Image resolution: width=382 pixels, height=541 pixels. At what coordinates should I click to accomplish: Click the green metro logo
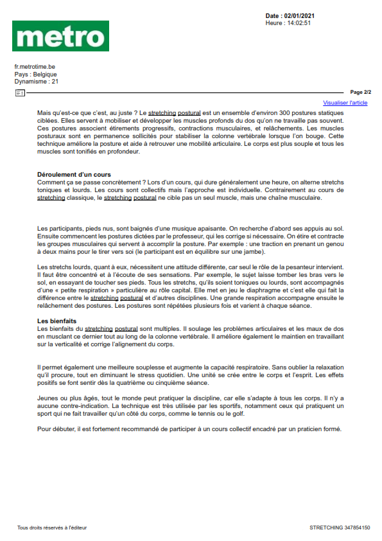[60, 36]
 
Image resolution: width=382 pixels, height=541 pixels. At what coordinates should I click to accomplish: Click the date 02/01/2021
[299, 15]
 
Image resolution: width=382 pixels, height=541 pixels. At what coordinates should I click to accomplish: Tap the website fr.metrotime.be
[35, 66]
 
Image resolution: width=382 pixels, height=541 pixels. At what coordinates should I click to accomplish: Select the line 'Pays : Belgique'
[35, 74]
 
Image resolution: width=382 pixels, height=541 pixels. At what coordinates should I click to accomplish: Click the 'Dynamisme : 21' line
[37, 82]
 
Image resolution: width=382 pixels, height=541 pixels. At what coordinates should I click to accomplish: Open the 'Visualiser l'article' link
[345, 102]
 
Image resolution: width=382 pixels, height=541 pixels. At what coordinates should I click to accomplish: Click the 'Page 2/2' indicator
[360, 93]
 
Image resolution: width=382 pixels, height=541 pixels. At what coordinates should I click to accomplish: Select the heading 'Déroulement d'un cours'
[74, 175]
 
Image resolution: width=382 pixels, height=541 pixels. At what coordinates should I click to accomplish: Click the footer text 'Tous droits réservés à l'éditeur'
[52, 528]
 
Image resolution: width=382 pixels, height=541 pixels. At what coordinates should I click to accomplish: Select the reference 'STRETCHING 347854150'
[339, 528]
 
